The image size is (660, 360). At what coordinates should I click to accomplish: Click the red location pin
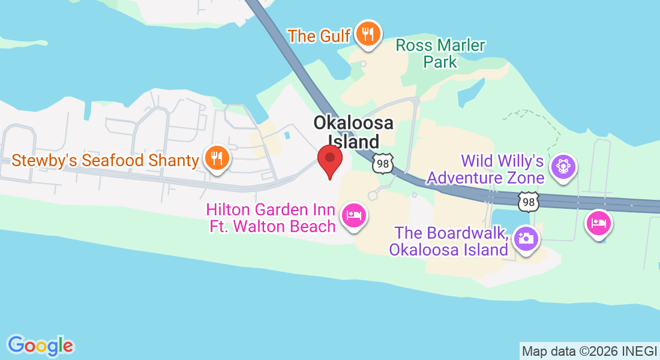[329, 158]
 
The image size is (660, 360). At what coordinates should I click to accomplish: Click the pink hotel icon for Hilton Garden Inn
[353, 217]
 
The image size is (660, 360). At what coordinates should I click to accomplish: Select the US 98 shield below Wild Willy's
[529, 202]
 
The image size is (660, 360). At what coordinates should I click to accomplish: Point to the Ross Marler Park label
[440, 53]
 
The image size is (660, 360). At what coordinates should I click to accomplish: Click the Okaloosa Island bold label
[354, 132]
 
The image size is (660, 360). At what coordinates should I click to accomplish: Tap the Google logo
[40, 345]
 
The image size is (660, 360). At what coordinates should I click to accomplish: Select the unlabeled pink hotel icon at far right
[599, 224]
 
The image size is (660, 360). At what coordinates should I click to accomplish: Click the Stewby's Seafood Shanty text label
[105, 160]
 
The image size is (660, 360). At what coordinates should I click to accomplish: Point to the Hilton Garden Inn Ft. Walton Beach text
[271, 218]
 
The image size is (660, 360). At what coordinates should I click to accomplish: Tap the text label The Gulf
[319, 35]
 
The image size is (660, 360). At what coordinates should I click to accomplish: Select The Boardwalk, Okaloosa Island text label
[449, 241]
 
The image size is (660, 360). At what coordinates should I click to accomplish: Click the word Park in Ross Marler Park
[440, 62]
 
